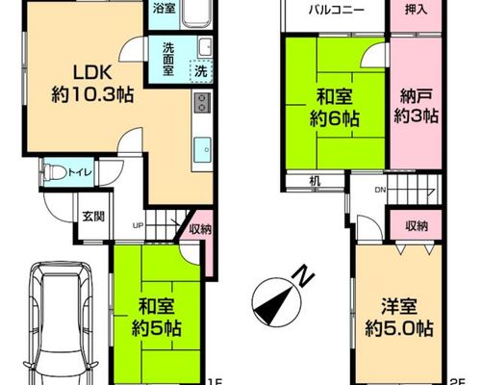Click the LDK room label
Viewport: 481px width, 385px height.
(x=92, y=84)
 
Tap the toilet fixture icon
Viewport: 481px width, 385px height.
(x=53, y=172)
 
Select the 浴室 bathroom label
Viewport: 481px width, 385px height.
(x=164, y=9)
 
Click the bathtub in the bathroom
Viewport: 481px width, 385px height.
(x=196, y=14)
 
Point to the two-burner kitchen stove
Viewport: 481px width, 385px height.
(x=202, y=102)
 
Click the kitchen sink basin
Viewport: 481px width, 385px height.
(x=202, y=149)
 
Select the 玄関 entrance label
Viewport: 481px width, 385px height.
(x=93, y=217)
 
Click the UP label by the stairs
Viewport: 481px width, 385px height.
(x=138, y=225)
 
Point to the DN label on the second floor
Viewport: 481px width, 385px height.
(x=380, y=190)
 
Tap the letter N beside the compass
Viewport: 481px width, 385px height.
(x=303, y=276)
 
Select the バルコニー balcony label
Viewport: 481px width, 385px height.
(x=337, y=11)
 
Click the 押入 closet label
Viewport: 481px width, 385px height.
(x=416, y=10)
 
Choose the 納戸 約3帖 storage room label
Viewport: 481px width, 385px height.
(x=416, y=106)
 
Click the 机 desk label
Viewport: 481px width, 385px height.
(x=315, y=182)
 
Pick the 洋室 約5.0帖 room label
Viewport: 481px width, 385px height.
(x=399, y=318)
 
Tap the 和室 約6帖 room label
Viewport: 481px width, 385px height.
(x=335, y=109)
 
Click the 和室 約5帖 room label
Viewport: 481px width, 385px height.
(x=157, y=317)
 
